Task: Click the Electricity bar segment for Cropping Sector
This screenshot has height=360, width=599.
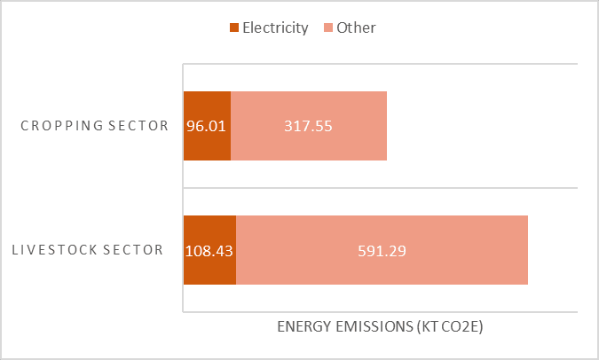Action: (207, 126)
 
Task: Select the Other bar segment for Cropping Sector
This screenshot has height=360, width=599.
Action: (309, 126)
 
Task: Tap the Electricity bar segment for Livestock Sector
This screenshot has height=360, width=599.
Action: (209, 250)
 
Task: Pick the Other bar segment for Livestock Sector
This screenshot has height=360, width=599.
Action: (382, 250)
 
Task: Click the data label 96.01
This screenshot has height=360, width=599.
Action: (206, 126)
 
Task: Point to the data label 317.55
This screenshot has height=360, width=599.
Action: (308, 126)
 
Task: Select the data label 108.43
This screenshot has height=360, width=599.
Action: (209, 251)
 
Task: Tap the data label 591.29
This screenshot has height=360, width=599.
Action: (382, 251)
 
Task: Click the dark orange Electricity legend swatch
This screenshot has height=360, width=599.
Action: (234, 27)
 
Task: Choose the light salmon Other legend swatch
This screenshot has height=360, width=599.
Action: (328, 27)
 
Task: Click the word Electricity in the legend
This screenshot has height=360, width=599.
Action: (275, 27)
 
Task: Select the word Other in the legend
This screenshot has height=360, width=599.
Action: (356, 27)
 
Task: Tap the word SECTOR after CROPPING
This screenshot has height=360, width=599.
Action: (138, 126)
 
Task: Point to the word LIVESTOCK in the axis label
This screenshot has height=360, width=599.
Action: (55, 250)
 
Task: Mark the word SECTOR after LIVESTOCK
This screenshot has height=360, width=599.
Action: (133, 250)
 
